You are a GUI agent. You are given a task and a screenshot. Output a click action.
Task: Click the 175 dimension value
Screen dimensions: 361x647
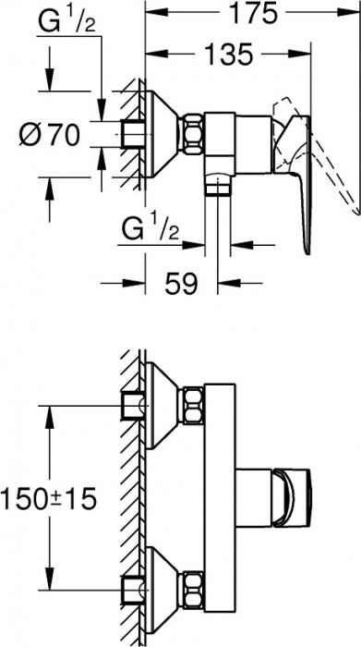tap(253, 15)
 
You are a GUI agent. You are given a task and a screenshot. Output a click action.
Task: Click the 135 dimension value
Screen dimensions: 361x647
tap(228, 54)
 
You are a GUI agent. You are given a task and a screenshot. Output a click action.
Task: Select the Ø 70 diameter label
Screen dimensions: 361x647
tap(50, 135)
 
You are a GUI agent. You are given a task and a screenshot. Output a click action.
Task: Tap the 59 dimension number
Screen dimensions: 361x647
tap(181, 284)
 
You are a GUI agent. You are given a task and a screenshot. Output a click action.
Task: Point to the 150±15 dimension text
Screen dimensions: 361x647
tap(48, 498)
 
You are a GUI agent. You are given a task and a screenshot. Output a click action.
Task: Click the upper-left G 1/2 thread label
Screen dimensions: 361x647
tap(66, 23)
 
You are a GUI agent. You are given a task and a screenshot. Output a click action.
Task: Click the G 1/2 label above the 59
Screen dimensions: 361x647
tap(150, 230)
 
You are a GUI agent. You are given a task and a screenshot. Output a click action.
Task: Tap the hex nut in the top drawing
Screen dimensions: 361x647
tap(193, 135)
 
